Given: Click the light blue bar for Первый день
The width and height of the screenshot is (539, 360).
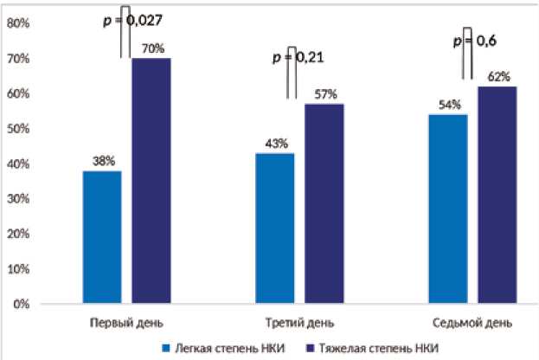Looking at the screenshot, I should coord(102,237).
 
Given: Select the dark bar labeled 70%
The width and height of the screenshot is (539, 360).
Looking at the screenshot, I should coord(151,181).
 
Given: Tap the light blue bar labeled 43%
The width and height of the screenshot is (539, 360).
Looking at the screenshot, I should coord(275,228).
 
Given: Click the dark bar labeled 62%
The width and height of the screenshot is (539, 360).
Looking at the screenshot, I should coord(497,195).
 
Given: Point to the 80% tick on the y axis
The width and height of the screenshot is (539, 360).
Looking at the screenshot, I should coord(18,23).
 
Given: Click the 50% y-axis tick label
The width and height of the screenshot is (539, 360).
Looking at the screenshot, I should coord(18,129).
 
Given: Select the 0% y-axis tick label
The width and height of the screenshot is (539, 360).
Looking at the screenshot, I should coord(21,305).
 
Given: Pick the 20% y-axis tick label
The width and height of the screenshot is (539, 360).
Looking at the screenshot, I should coord(18,235).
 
